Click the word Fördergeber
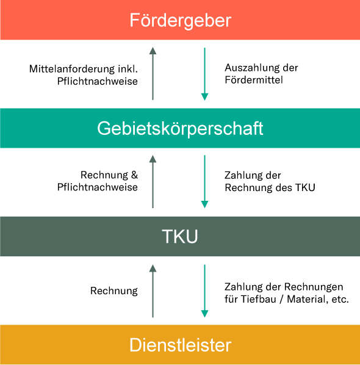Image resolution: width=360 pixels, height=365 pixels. point(180,21)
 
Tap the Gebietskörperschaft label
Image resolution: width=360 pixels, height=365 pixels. point(180,129)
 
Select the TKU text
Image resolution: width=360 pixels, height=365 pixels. point(180,237)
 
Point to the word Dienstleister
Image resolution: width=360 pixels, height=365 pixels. point(180,345)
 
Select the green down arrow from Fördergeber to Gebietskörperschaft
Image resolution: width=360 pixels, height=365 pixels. point(204,72)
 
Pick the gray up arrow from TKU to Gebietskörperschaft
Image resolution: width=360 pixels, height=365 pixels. point(153,182)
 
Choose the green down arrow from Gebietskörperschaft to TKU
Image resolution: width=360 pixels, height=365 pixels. point(204,180)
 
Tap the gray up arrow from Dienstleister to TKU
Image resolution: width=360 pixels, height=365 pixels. point(153,292)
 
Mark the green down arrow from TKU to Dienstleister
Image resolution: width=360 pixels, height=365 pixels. point(204,289)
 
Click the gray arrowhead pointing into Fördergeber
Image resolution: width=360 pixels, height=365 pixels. point(153,51)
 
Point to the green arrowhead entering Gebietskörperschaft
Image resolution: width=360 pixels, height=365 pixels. point(204,96)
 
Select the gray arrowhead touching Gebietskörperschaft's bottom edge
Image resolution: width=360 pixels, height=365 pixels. point(153,159)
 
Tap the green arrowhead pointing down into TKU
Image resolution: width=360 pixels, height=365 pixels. point(204,204)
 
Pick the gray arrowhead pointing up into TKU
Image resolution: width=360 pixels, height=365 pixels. point(153,267)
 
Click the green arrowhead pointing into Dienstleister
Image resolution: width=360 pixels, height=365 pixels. point(204,314)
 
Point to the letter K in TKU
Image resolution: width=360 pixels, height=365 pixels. point(180,237)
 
